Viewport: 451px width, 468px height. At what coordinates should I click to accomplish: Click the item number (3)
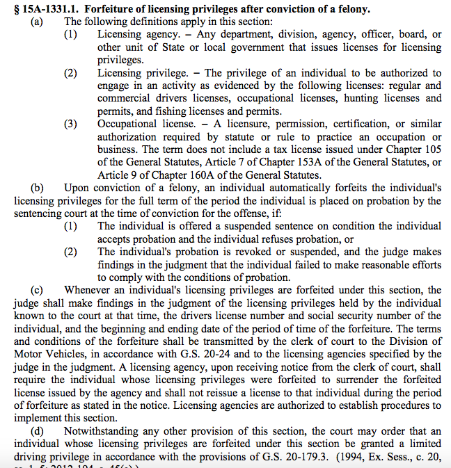70,124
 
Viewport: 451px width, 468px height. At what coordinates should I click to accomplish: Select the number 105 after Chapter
432,150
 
